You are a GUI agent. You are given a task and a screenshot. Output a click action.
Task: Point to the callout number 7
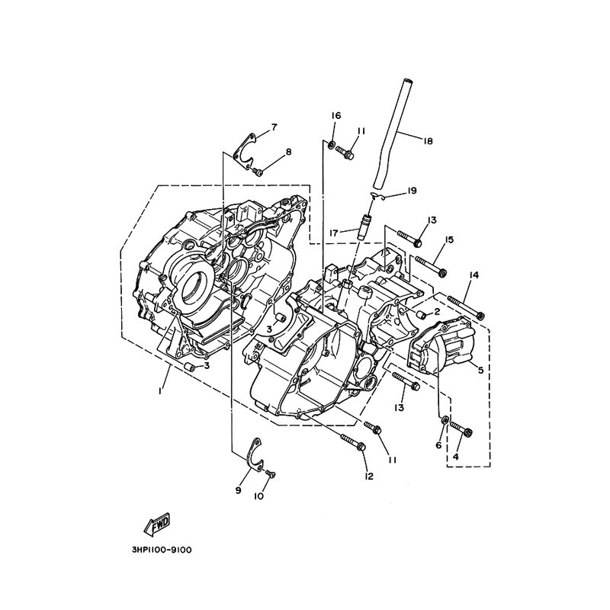coord(274,126)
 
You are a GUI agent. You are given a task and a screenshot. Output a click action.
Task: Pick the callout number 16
coord(335,115)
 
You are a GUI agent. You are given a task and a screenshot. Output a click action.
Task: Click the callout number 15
coord(449,240)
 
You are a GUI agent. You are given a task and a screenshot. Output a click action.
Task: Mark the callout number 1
coord(160,390)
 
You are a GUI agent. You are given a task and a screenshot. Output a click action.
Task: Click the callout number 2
coord(437,311)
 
